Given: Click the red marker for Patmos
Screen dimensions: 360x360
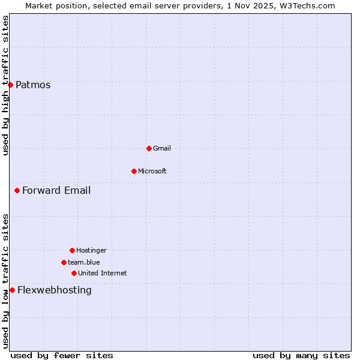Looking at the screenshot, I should point(10,85).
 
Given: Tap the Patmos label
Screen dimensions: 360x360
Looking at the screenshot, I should point(33,85).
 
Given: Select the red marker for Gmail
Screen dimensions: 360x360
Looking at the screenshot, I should point(149,148).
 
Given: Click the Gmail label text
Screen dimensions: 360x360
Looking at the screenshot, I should point(162,148).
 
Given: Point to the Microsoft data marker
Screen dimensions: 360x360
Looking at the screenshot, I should point(134,171).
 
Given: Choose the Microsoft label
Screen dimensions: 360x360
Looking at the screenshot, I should point(152,171).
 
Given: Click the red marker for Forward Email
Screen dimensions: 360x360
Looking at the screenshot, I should point(17,190).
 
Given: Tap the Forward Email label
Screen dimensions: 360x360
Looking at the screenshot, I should point(56,190).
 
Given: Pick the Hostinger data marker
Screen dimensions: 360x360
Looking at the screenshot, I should point(72,250).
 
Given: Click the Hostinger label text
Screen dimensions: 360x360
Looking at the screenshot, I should point(91,250).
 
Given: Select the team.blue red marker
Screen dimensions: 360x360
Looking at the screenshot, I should point(64,262).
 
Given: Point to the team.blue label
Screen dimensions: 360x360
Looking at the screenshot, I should point(84,262).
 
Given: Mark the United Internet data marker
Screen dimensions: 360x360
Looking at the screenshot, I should point(74,273).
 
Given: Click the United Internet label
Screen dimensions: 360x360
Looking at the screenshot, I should point(103,273).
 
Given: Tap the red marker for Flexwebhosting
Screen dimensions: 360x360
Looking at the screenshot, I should point(12,290).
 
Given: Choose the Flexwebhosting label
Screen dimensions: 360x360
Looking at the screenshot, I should point(55,290).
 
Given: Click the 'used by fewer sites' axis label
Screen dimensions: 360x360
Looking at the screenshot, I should point(62,355).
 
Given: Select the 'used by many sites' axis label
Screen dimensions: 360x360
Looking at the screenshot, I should point(301,355).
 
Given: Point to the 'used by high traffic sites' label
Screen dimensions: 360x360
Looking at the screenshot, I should point(5,85).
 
